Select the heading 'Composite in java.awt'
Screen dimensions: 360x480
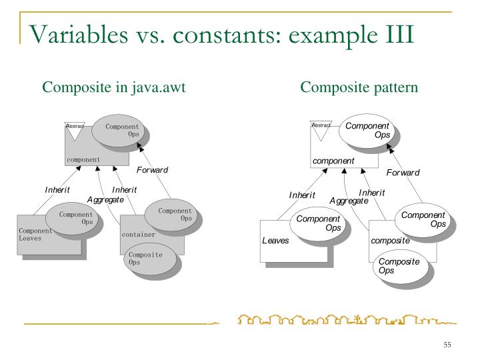point(113,87)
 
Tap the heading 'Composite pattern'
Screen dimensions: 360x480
point(359,87)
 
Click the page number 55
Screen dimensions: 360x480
point(447,345)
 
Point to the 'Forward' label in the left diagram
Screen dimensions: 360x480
point(152,170)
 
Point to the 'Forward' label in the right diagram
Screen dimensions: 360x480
point(403,173)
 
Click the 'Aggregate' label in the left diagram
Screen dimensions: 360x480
point(105,200)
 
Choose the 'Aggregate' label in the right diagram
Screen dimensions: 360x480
point(349,201)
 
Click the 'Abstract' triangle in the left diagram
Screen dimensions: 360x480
point(75,131)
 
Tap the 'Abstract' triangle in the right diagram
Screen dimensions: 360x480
point(321,131)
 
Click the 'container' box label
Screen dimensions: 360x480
point(138,235)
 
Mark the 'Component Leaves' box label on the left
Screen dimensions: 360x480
point(35,234)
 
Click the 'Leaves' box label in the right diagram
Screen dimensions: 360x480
point(275,241)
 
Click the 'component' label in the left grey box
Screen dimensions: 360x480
point(83,160)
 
